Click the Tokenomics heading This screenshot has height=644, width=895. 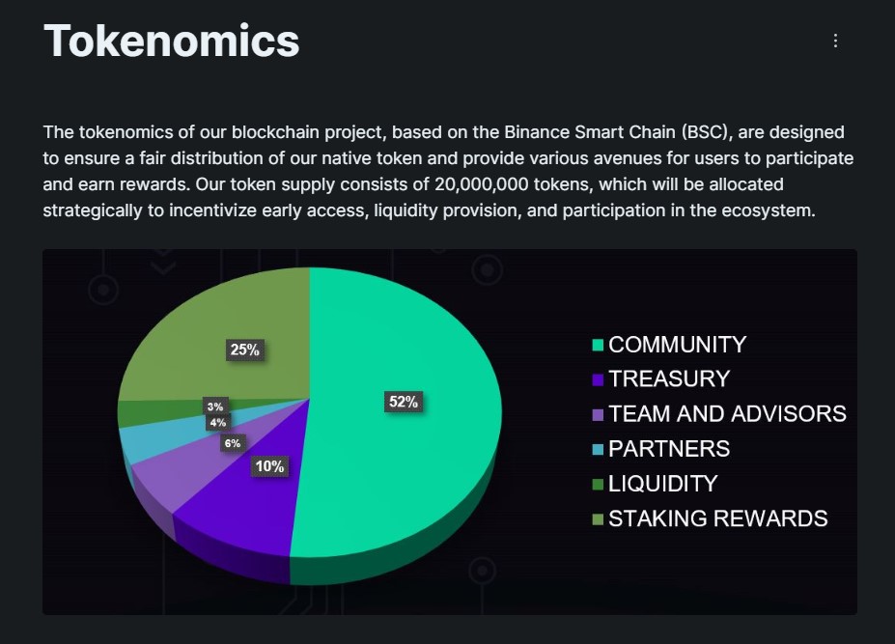click(172, 41)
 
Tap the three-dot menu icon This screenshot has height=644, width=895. click(835, 41)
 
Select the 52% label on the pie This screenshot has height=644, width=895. click(402, 402)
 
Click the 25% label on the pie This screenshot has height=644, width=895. click(244, 350)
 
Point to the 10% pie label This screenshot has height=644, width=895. click(269, 466)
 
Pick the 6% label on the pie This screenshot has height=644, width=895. click(233, 443)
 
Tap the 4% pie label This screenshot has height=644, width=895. click(217, 422)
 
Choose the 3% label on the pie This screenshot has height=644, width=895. click(214, 406)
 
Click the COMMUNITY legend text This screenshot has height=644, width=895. click(677, 345)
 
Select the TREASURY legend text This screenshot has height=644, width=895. click(669, 379)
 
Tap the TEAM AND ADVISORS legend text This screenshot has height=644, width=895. click(727, 414)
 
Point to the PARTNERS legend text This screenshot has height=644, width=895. click(669, 449)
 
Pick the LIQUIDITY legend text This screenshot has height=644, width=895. click(662, 484)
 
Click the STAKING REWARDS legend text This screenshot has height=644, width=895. click(717, 518)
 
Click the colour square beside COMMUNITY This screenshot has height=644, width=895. click(598, 345)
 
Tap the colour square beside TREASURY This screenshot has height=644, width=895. click(598, 379)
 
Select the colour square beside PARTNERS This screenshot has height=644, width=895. click(598, 449)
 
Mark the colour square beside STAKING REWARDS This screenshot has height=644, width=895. click(598, 519)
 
